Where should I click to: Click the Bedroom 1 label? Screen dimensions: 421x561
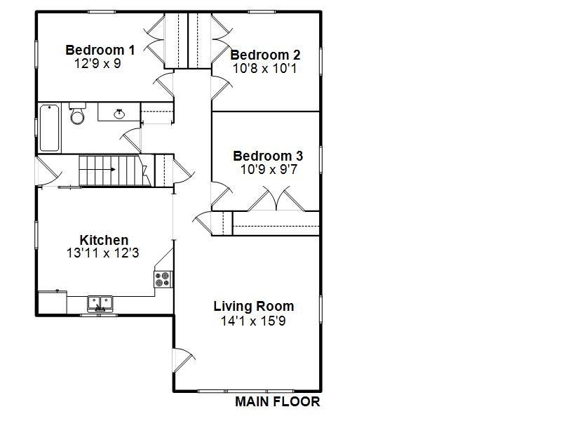100,50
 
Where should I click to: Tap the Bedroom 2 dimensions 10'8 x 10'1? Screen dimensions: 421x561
265,69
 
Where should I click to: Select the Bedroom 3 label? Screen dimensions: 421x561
268,156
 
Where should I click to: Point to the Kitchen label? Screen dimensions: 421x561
104,240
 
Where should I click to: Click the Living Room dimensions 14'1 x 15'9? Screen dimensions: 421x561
253,321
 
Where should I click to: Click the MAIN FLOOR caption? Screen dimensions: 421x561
277,402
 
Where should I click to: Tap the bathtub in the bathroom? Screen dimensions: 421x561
49,128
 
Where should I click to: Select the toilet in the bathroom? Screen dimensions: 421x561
77,114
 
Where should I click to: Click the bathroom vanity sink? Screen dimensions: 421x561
119,112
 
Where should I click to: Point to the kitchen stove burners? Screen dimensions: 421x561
163,279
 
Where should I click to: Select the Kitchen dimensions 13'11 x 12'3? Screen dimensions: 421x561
102,253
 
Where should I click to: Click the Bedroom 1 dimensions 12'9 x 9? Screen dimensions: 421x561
97,62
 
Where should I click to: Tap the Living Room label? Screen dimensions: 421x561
253,307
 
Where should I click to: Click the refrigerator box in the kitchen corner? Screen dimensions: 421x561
52,303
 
